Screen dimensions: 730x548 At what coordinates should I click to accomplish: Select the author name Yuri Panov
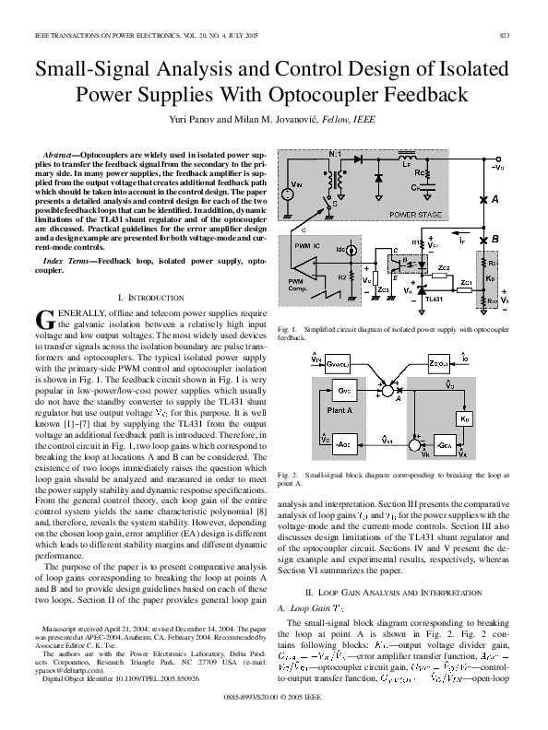pos(218,121)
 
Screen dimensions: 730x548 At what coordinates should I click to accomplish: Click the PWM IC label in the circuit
pos(306,247)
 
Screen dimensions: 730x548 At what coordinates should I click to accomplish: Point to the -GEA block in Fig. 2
pos(450,445)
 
